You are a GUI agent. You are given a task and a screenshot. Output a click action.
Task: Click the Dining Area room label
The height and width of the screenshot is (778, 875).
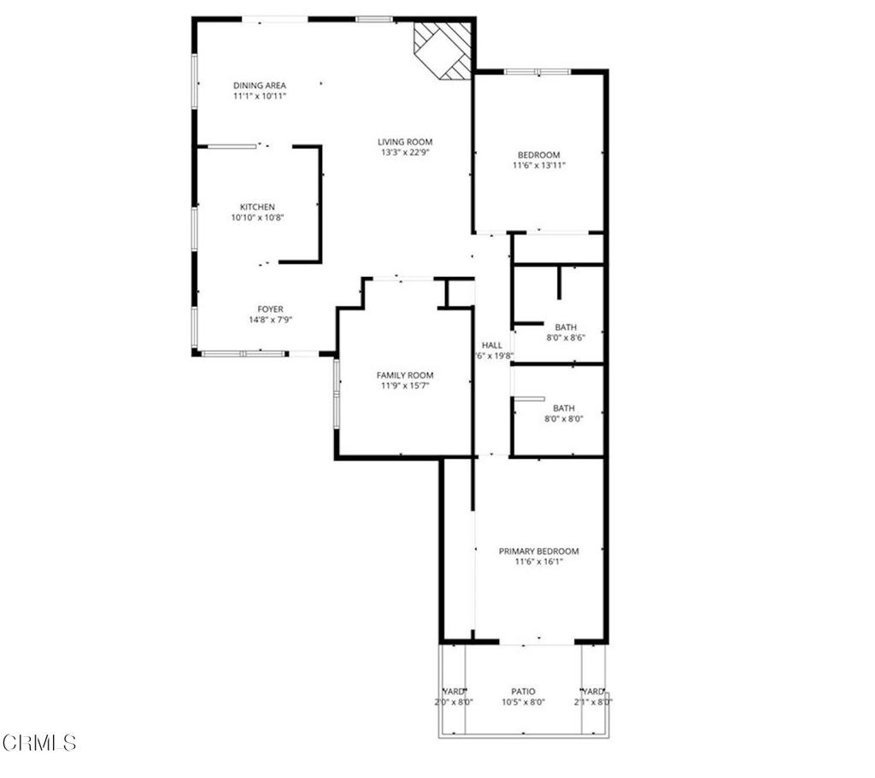[x=260, y=85]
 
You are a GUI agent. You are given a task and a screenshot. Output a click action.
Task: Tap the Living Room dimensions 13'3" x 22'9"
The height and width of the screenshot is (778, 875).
[x=406, y=153]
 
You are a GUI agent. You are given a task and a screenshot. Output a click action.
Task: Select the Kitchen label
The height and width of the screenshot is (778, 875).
[x=257, y=207]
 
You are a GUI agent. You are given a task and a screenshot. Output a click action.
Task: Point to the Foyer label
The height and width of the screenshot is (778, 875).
[x=271, y=309]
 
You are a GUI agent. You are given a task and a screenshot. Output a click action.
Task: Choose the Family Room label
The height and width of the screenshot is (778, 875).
[x=405, y=375]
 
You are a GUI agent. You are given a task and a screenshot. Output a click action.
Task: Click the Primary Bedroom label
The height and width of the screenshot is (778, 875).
[x=538, y=551]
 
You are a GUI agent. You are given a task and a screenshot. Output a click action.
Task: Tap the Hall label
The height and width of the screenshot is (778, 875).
[x=492, y=345]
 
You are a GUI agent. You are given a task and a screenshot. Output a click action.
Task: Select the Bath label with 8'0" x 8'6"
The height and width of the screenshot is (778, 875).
[x=565, y=327]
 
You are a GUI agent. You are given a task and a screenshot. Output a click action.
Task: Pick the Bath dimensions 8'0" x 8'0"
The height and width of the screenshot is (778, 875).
[x=565, y=419]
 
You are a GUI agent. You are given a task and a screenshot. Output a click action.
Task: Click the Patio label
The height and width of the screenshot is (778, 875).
[x=523, y=692]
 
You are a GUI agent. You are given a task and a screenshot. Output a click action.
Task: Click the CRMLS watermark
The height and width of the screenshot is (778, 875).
[x=40, y=742]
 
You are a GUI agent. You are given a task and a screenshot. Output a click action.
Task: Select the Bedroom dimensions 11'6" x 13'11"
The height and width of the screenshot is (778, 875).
[x=539, y=165]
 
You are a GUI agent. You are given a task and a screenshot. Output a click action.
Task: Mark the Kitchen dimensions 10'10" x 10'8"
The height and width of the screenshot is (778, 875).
[x=257, y=217]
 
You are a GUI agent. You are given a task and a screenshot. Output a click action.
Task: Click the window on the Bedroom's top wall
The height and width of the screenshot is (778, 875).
[x=537, y=72]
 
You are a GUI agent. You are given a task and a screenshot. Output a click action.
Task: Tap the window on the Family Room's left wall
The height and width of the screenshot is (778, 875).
[x=337, y=392]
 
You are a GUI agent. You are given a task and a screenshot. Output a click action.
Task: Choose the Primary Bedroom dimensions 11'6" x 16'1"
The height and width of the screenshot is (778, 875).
[x=538, y=562]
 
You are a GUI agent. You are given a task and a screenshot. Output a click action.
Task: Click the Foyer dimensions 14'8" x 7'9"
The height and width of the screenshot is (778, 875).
[x=271, y=320]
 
